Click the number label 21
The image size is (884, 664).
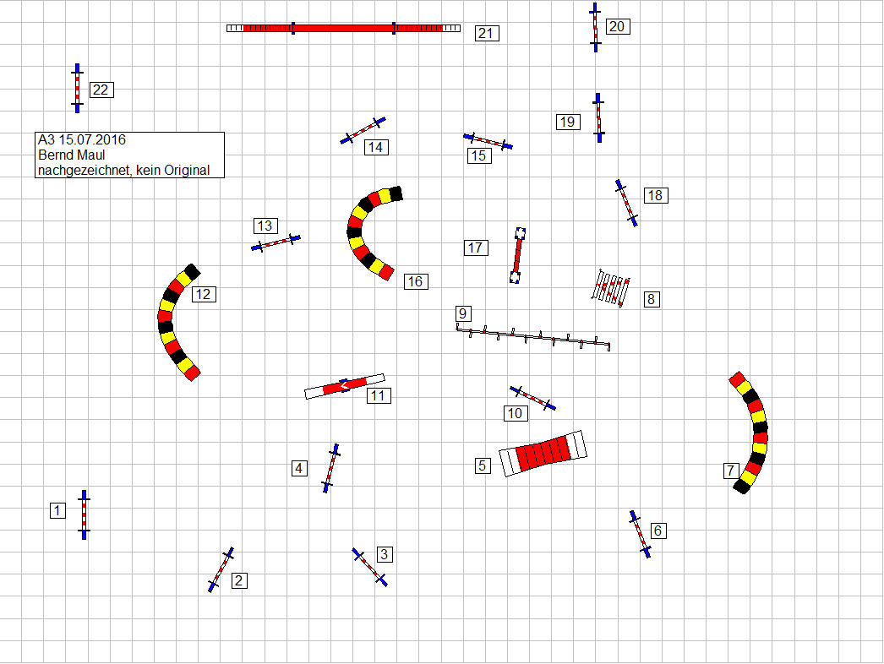coord(487,33)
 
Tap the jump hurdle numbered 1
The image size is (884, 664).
coord(84,514)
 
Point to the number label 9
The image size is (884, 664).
coord(463,313)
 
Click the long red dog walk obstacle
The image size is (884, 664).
coord(343,28)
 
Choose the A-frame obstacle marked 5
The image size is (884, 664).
coord(543,453)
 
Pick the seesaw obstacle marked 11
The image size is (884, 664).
coord(345,386)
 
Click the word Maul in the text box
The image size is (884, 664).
coord(91,155)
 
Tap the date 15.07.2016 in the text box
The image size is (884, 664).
coord(92,139)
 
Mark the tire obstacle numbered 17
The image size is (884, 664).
coord(517,255)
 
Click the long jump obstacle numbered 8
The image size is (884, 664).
coord(610,288)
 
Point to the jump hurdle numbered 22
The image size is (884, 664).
coord(77,88)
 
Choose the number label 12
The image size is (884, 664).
coord(204,294)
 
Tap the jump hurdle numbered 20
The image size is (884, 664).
coord(595,27)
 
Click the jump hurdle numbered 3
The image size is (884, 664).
coord(370,567)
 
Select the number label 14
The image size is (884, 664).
coord(376,148)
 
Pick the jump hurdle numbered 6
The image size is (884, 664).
coord(641,535)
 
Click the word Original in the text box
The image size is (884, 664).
coord(187,171)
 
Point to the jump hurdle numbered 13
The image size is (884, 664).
coord(276,243)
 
